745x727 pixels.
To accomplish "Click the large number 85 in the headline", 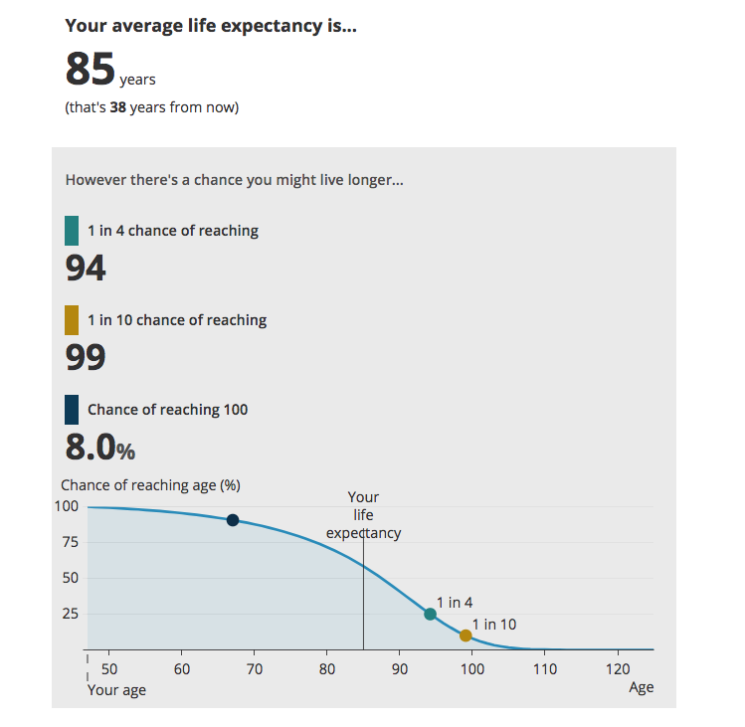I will (91, 70).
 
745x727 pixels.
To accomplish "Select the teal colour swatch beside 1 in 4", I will (72, 231).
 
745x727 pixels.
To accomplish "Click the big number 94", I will (86, 268).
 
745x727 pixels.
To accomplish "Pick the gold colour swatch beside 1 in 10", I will (72, 320).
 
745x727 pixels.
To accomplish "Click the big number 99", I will (86, 357).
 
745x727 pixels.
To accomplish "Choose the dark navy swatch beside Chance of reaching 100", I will (72, 410).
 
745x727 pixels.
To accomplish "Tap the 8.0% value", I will (99, 448).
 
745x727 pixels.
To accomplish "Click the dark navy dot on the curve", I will (233, 520).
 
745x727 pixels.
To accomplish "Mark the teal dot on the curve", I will (430, 614).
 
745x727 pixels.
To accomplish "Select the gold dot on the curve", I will (466, 636).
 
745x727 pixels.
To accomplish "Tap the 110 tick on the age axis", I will (544, 668).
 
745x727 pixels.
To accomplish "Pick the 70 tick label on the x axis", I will (255, 668).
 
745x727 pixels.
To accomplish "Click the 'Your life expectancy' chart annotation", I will (363, 515).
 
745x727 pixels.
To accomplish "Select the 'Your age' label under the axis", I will (116, 690).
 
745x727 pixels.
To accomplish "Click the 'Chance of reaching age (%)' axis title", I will (150, 485).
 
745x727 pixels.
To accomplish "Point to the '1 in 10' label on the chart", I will (494, 625).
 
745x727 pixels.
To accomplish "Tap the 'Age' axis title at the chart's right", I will (642, 687).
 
